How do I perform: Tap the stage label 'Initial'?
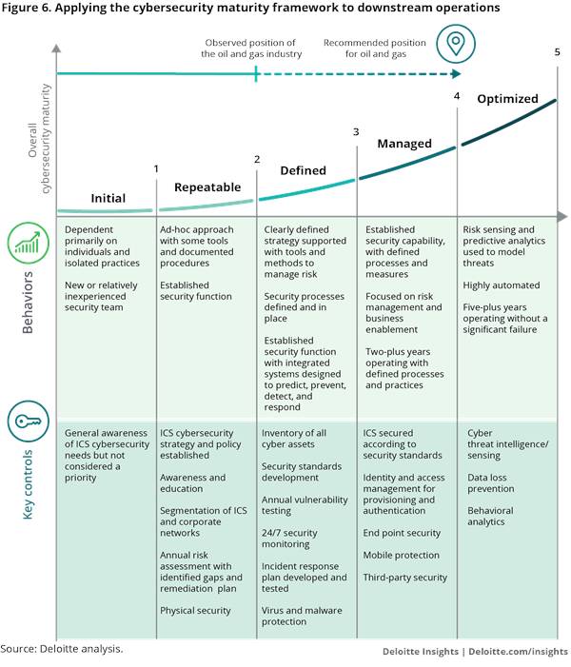tap(108, 198)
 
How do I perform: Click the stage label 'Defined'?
tap(303, 170)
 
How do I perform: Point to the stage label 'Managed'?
tap(404, 144)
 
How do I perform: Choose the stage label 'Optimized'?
tap(507, 99)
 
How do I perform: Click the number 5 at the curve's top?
tap(557, 51)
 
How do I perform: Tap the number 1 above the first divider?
tap(156, 168)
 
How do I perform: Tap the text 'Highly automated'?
tap(502, 285)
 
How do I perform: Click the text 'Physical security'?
tap(196, 610)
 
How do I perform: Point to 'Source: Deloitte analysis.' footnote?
tap(62, 650)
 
